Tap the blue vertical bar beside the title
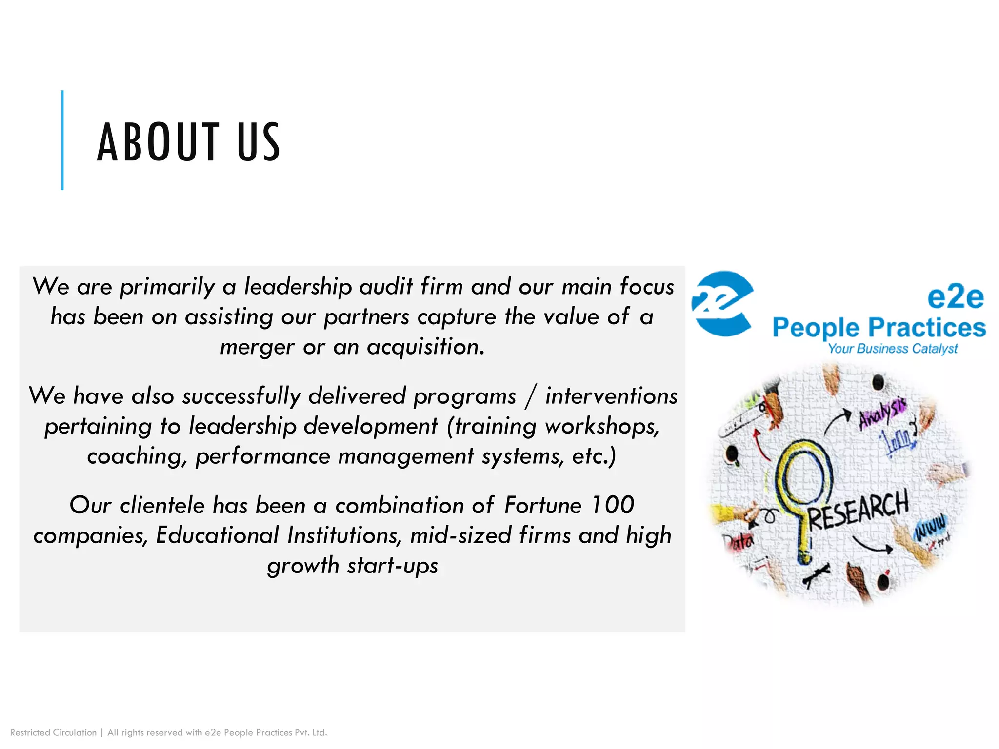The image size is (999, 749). pos(62,140)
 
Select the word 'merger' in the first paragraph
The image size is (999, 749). pos(257,347)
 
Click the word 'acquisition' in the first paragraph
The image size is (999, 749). pos(425,347)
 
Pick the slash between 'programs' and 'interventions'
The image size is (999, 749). pos(531,396)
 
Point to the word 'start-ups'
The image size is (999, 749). pos(393,566)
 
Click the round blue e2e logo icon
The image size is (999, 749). pos(722,303)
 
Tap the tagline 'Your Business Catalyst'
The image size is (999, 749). pos(893,349)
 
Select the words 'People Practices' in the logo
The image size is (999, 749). pos(879,327)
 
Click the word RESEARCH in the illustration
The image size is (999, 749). pos(859,510)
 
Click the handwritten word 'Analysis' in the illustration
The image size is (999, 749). pos(883,413)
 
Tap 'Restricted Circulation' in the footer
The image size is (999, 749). pos(53,732)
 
